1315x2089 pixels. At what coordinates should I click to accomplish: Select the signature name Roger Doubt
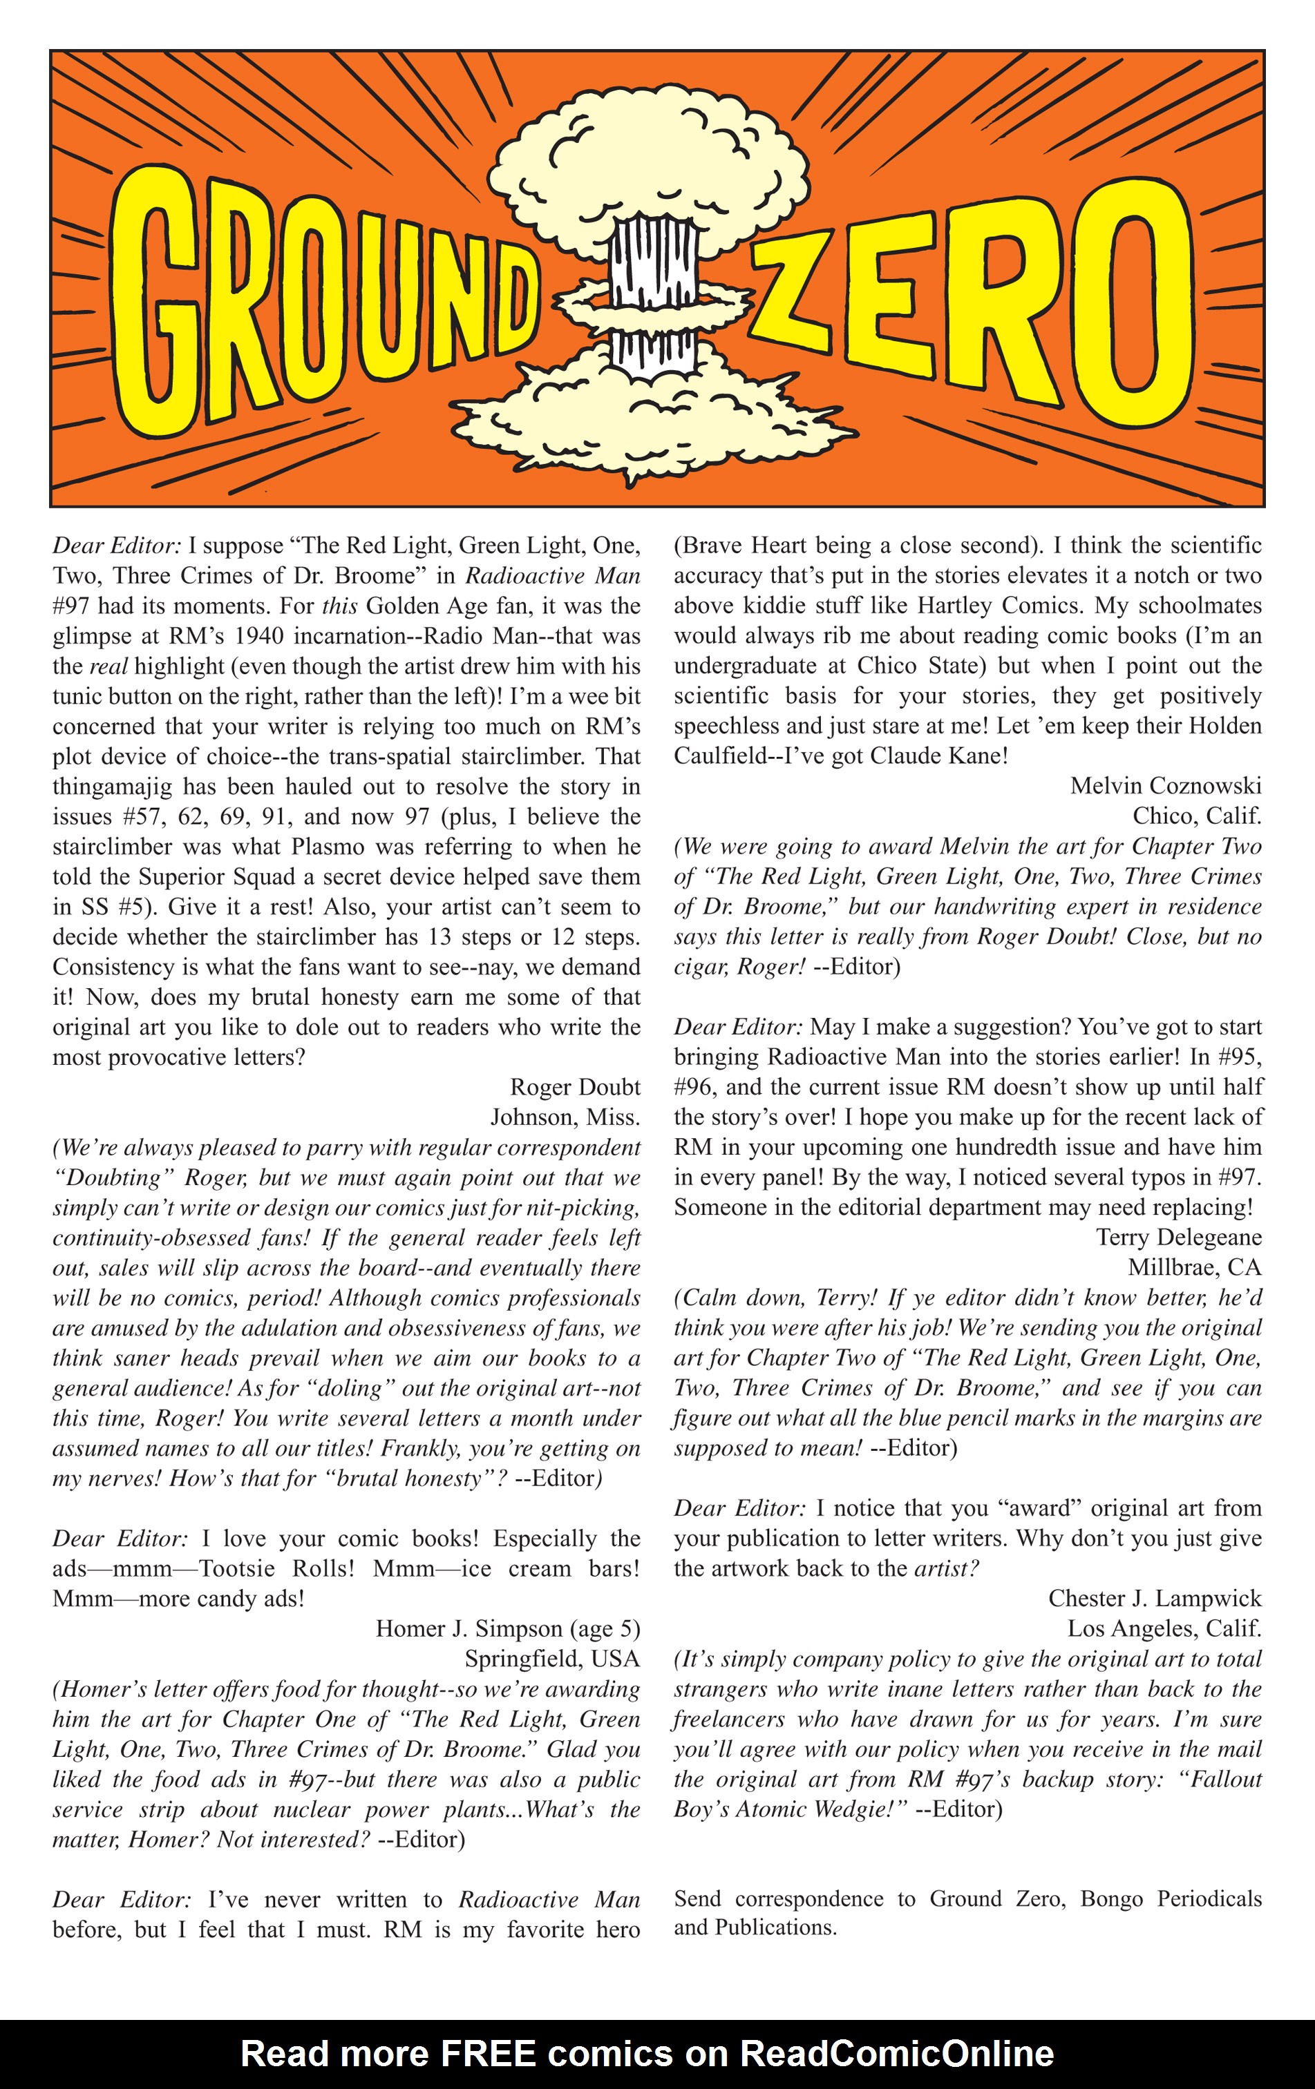click(575, 1087)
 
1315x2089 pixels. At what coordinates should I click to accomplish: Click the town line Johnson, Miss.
click(565, 1117)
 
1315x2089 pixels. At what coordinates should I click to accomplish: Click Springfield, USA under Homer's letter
click(552, 1659)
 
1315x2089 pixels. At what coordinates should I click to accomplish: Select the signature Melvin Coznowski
click(1165, 786)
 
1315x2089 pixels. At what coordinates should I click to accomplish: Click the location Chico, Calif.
click(1196, 816)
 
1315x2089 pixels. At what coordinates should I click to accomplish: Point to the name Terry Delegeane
click(1178, 1237)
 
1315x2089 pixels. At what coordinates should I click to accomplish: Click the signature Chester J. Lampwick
click(1155, 1598)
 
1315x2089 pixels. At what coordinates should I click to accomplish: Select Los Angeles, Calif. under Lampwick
click(1164, 1628)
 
